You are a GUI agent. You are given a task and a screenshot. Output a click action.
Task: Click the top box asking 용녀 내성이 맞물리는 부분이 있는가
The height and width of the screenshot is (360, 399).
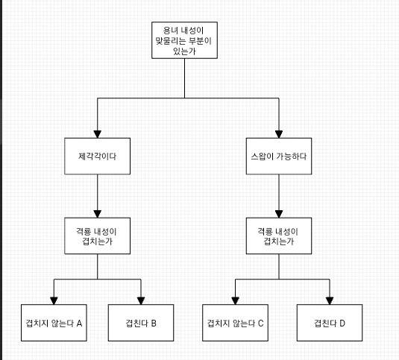click(184, 40)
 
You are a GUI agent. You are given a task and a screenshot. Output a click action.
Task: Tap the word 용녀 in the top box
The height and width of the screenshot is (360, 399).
click(170, 31)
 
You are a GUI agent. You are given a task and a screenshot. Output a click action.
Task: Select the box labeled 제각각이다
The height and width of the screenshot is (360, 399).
click(98, 156)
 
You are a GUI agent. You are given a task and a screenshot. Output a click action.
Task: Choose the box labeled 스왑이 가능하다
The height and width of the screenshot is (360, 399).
click(279, 156)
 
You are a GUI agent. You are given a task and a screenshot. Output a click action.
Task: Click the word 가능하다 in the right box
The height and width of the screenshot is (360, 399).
click(292, 157)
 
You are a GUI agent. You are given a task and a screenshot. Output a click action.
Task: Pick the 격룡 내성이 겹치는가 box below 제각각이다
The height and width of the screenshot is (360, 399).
click(98, 236)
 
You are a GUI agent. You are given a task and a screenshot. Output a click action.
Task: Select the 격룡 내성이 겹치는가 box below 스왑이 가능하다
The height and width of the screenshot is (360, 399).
click(279, 236)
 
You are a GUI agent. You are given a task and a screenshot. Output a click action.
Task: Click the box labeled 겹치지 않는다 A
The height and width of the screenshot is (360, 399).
click(54, 323)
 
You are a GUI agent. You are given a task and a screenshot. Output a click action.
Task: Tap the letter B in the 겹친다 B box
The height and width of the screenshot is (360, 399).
click(154, 323)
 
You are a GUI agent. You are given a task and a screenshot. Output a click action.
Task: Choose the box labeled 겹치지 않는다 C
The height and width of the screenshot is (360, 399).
click(236, 323)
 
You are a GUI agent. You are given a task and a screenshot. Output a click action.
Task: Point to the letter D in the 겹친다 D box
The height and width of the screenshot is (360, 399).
click(342, 323)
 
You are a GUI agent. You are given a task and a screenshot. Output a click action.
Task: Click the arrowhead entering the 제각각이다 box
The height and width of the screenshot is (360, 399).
click(98, 134)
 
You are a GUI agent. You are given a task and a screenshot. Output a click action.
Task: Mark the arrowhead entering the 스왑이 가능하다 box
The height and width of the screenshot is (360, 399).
click(279, 134)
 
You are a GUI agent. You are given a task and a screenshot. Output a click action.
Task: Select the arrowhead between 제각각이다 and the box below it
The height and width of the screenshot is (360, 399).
click(98, 214)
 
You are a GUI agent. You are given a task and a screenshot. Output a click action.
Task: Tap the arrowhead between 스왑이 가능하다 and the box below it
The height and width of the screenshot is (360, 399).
click(279, 214)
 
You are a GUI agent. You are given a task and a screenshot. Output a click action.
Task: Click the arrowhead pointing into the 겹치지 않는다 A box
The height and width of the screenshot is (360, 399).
click(54, 301)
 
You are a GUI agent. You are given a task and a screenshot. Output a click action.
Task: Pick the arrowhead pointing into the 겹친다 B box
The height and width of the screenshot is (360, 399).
click(141, 301)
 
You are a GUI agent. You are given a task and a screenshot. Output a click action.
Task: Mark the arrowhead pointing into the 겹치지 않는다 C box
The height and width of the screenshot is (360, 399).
click(236, 301)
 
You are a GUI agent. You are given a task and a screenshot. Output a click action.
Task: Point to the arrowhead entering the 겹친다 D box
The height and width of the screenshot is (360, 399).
click(330, 301)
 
